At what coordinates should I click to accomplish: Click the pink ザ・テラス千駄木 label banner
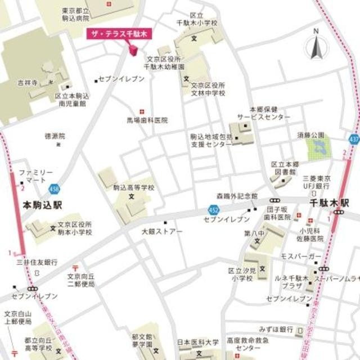(120, 34)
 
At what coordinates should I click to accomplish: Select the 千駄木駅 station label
(329, 201)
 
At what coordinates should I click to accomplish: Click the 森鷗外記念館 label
(237, 196)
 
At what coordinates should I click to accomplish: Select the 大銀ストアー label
(162, 231)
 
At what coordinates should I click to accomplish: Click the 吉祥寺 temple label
(26, 83)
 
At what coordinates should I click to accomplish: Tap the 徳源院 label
(55, 136)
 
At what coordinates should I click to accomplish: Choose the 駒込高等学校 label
(133, 188)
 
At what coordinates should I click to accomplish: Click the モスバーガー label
(300, 256)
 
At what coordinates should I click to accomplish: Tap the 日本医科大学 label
(198, 342)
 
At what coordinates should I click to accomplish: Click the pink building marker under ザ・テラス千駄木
(133, 51)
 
